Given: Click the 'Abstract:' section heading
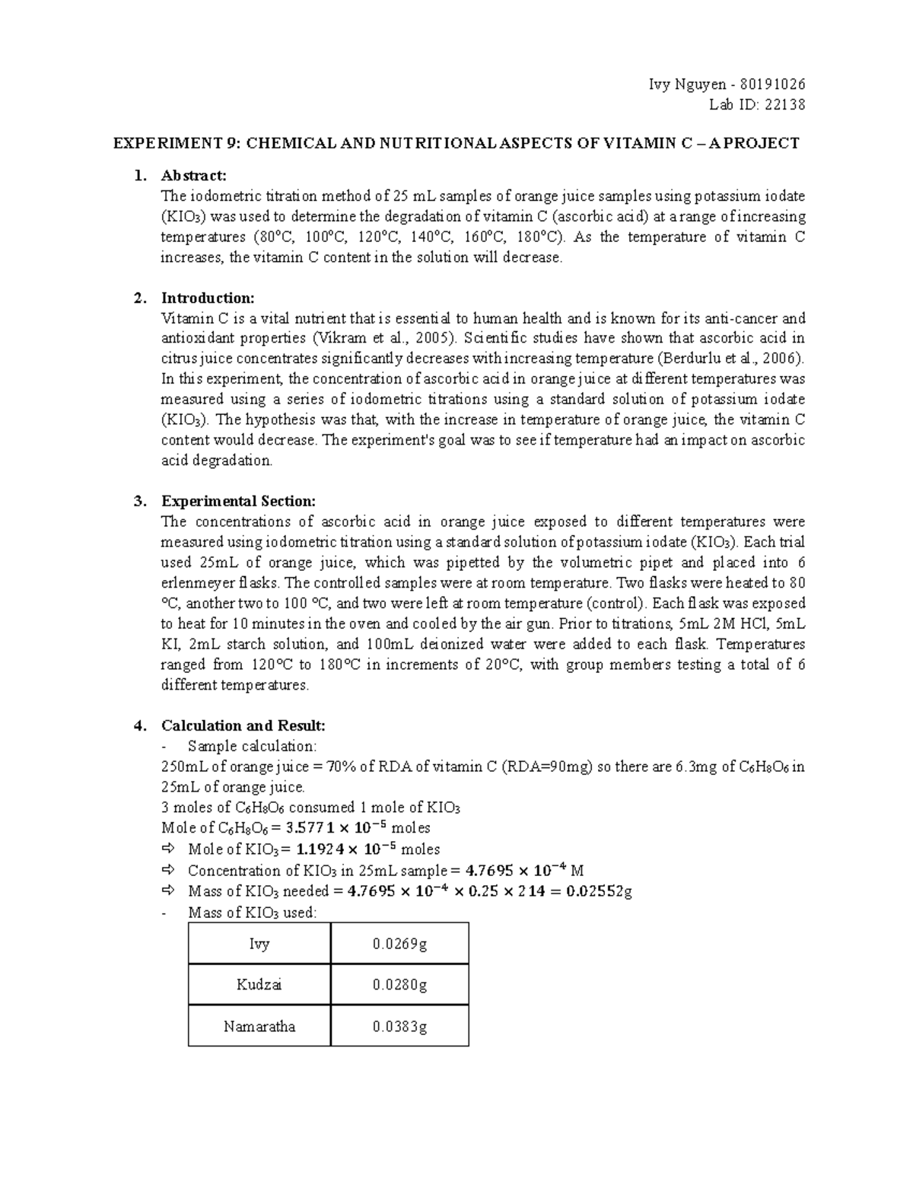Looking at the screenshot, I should point(194,176).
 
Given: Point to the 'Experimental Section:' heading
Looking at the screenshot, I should point(237,502).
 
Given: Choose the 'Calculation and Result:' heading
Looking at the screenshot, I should point(243,725).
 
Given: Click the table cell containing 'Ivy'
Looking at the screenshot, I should point(259,944).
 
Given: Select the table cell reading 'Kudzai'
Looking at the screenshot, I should point(259,985).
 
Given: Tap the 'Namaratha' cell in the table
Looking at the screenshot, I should point(259,1026).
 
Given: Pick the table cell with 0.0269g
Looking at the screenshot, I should point(399,944).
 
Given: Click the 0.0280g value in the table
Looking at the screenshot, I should point(399,985).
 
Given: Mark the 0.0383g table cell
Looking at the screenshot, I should point(399,1026).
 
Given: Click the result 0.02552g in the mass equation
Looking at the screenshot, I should point(600,891).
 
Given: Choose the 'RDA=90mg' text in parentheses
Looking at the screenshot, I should point(546,766).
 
